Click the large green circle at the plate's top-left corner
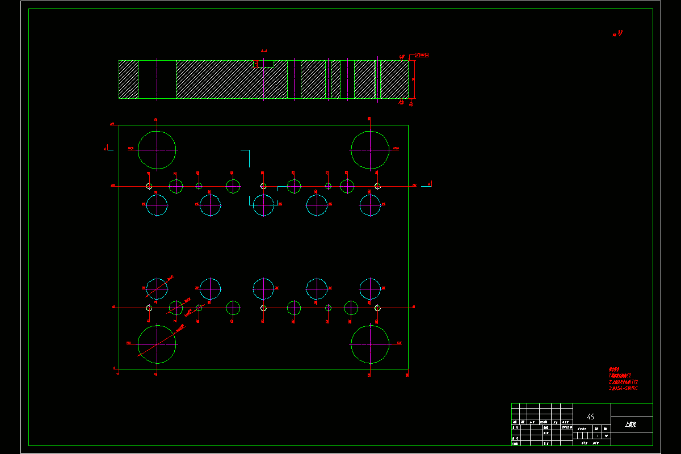click(157, 150)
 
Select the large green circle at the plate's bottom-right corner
click(370, 344)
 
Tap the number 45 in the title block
click(591, 417)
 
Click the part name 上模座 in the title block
click(630, 424)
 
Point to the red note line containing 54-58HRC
click(623, 388)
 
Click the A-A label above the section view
click(264, 51)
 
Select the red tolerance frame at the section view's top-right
click(421, 55)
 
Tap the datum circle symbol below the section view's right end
click(411, 103)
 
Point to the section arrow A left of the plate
click(107, 149)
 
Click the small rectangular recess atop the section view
click(263, 64)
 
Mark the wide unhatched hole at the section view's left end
click(157, 79)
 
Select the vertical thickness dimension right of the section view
click(414, 79)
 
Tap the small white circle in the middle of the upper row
click(263, 186)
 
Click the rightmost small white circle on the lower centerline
click(377, 308)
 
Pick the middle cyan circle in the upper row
click(263, 205)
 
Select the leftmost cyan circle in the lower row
click(157, 289)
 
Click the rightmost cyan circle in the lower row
click(370, 289)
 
